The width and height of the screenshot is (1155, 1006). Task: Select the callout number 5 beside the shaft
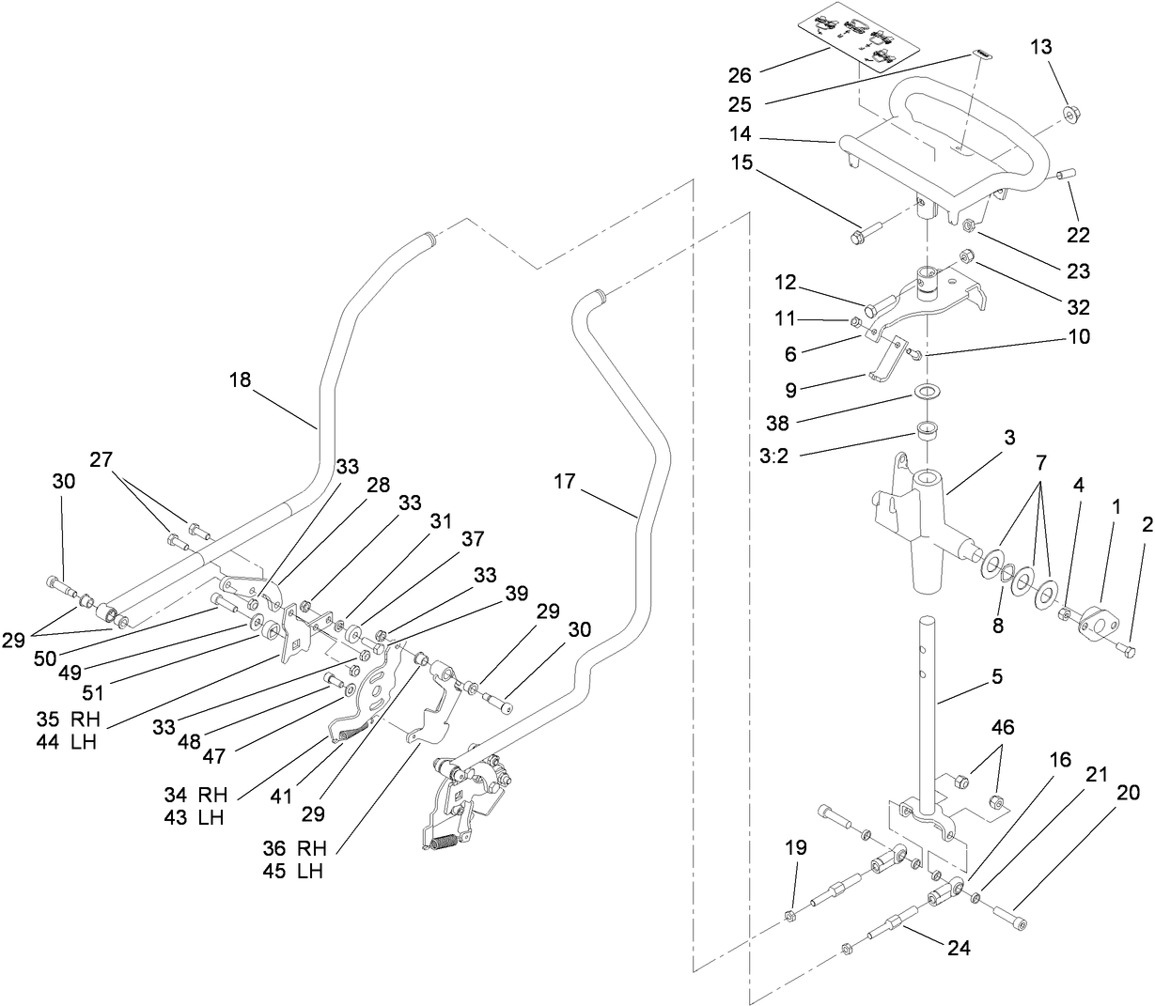coord(997,675)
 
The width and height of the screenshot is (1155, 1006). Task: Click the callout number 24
coord(958,949)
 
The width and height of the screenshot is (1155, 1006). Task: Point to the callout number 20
coord(1127,793)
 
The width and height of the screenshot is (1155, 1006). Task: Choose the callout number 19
coord(795,848)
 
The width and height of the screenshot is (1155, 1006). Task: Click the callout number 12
coord(785,282)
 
